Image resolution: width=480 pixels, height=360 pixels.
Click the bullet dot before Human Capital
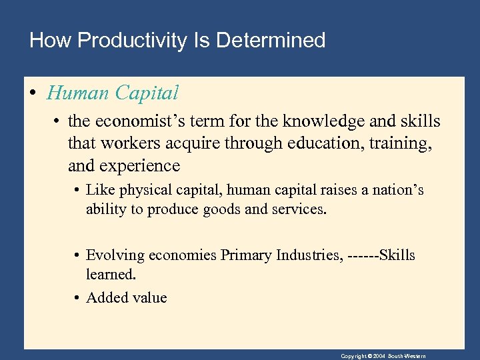[33, 93]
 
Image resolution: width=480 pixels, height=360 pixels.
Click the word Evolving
[115, 256]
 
